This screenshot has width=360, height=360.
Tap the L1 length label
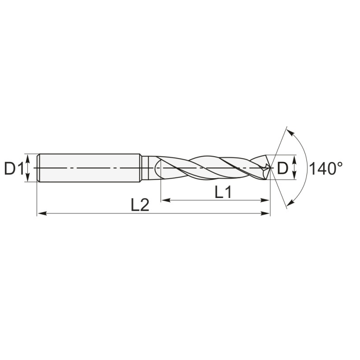tap(223, 193)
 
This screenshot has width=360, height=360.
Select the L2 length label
tap(140, 205)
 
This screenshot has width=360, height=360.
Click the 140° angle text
tap(325, 169)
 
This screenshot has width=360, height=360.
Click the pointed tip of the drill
tap(270, 168)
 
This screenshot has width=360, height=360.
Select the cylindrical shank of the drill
tap(90, 168)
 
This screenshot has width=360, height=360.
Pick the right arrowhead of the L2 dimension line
tap(267, 213)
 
